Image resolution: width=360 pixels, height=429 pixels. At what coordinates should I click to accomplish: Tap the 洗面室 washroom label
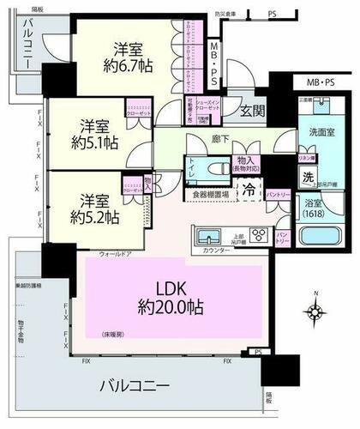(300, 135)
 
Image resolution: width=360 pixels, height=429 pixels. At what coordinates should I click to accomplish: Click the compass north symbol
(315, 309)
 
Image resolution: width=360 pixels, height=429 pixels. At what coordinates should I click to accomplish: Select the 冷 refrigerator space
(249, 190)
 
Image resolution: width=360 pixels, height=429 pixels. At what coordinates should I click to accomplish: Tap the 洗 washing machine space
(307, 176)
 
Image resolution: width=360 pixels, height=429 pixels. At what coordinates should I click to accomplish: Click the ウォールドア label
(115, 254)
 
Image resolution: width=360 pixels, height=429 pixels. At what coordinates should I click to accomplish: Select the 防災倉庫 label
(226, 14)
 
